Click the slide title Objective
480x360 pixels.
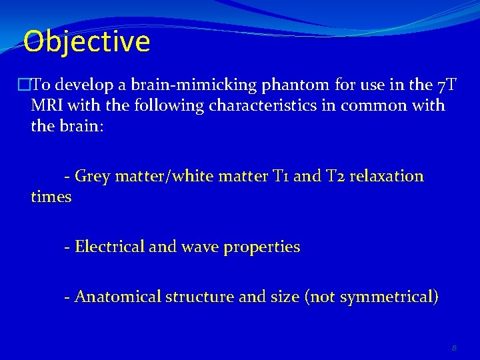pos(87,41)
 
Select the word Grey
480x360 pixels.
pos(91,177)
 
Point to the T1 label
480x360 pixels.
pos(281,177)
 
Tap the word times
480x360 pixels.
pos(51,197)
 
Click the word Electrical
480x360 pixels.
pos(109,247)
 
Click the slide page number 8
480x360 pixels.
pos(453,347)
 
